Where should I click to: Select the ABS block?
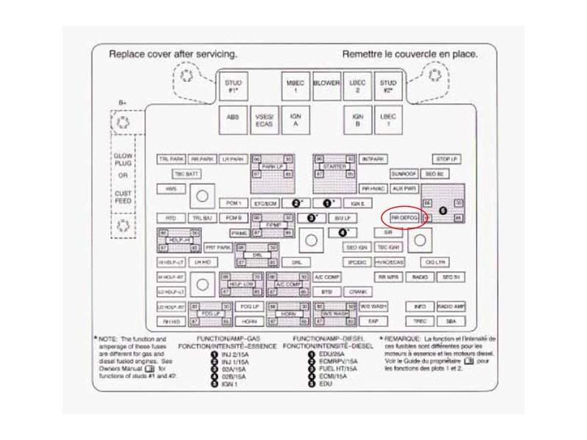pos(232,120)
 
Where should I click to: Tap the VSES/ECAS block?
pos(264,120)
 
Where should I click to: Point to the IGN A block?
pos(296,120)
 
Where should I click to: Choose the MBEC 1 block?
pos(294,87)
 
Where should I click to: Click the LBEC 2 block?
pos(358,87)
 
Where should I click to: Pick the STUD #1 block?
pos(232,87)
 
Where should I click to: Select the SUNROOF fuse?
pos(404,174)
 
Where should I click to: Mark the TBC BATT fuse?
pos(186,174)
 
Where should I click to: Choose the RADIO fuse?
pos(420,277)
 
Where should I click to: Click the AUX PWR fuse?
pos(404,188)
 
